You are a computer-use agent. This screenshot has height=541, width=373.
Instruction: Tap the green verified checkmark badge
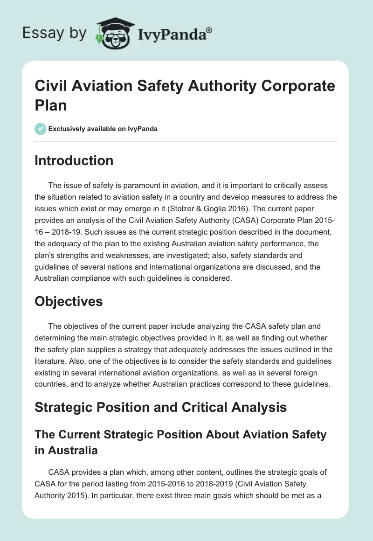(40, 129)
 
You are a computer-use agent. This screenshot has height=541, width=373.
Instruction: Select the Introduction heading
(74, 160)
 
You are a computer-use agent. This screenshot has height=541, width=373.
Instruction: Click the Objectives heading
(69, 301)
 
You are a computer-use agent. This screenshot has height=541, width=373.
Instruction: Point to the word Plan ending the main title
(51, 104)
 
